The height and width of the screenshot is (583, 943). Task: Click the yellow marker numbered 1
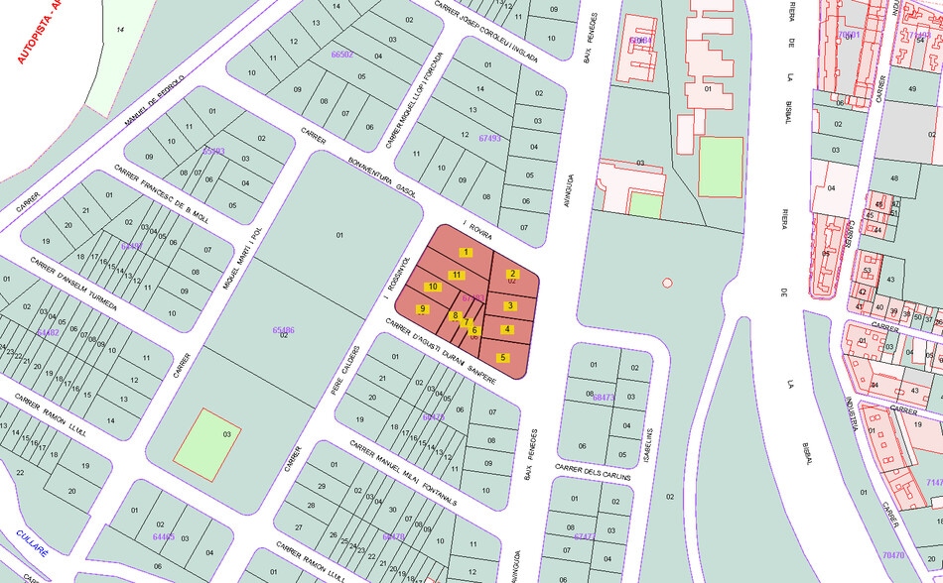click(x=466, y=253)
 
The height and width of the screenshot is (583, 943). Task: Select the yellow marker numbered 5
click(x=503, y=357)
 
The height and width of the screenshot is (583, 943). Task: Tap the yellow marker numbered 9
click(x=423, y=309)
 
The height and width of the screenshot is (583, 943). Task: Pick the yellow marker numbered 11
click(x=457, y=275)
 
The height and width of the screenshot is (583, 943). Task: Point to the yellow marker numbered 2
click(x=512, y=274)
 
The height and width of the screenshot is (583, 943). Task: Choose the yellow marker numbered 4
click(x=507, y=329)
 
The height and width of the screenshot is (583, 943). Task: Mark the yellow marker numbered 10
click(x=433, y=288)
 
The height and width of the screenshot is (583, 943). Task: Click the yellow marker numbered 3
click(x=509, y=305)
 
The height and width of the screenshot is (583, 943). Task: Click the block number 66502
click(x=341, y=55)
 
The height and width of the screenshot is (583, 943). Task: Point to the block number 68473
click(x=603, y=398)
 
